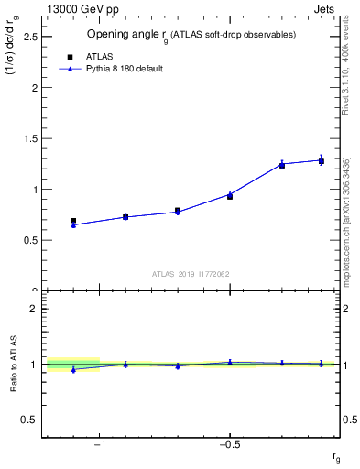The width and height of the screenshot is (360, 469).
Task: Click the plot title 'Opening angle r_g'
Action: click(x=191, y=35)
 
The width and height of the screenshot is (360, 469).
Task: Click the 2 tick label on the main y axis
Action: click(x=34, y=88)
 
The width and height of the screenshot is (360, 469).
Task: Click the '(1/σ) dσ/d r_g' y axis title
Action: click(x=13, y=55)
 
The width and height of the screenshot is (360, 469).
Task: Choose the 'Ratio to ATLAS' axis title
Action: click(x=13, y=365)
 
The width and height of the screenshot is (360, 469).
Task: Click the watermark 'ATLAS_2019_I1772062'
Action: click(x=191, y=273)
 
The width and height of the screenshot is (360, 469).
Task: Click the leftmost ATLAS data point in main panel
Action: click(x=73, y=221)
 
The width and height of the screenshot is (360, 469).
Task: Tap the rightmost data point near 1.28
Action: click(x=322, y=161)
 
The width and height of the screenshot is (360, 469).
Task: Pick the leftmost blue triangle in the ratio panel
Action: click(x=73, y=370)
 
